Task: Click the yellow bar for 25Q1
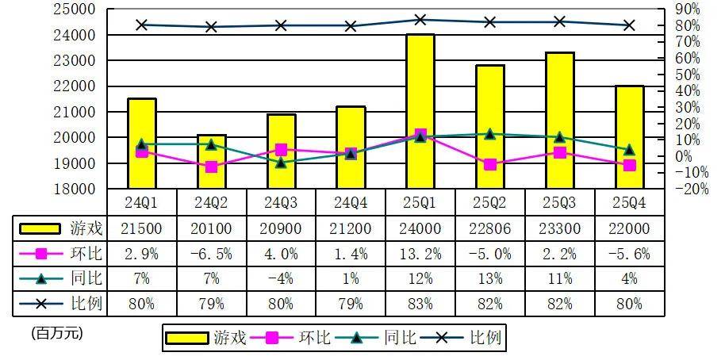(x=420, y=111)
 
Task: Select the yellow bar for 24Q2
(x=212, y=162)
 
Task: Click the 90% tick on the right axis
(x=687, y=10)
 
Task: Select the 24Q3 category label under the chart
(x=282, y=202)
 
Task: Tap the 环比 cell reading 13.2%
(x=420, y=254)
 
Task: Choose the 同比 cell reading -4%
(x=282, y=279)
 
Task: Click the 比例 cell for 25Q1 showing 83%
(x=420, y=304)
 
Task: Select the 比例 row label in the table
(x=87, y=304)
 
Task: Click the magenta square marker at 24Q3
(x=282, y=149)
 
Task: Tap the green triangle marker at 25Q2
(x=490, y=134)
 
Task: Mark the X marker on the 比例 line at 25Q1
(x=420, y=20)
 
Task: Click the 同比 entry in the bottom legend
(x=386, y=338)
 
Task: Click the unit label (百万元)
(x=57, y=333)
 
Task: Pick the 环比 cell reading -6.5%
(x=212, y=254)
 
